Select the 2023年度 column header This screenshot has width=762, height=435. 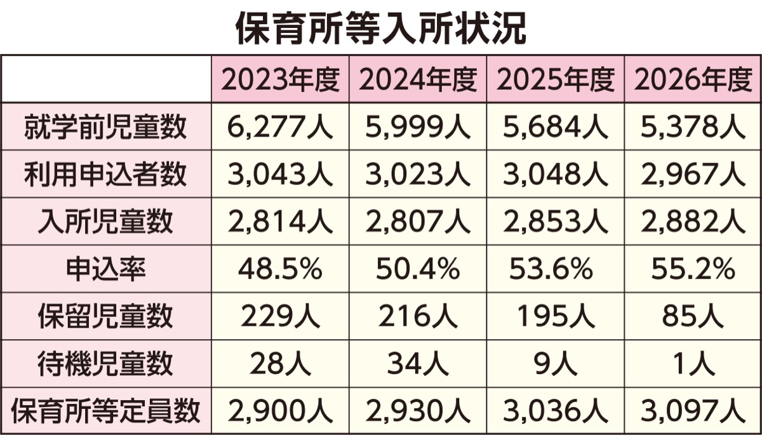pyautogui.click(x=281, y=79)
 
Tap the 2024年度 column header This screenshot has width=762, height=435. pyautogui.click(x=418, y=79)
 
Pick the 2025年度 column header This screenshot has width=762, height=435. pyautogui.click(x=556, y=79)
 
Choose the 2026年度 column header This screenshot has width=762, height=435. pyautogui.click(x=693, y=79)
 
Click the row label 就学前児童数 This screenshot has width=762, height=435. pyautogui.click(x=106, y=127)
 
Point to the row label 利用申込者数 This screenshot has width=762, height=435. pyautogui.click(x=106, y=174)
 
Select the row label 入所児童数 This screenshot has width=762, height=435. pyautogui.click(x=106, y=222)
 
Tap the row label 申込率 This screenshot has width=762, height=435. pyautogui.click(x=106, y=269)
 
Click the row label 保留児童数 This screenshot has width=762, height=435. pyautogui.click(x=106, y=316)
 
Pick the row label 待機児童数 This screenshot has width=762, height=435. pyautogui.click(x=106, y=364)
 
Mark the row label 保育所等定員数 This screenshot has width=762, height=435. pyautogui.click(x=106, y=412)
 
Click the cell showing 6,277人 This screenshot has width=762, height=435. pyautogui.click(x=280, y=127)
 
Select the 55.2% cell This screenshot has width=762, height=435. pyautogui.click(x=693, y=269)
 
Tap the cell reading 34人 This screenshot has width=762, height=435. pyautogui.click(x=418, y=364)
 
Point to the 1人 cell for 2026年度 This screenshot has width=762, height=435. pyautogui.click(x=693, y=364)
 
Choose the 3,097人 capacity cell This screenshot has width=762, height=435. pyautogui.click(x=693, y=412)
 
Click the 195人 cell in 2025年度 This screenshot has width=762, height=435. pyautogui.click(x=556, y=316)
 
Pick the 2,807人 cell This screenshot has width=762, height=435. pyautogui.click(x=418, y=222)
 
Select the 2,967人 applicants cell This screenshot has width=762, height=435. pyautogui.click(x=693, y=174)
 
